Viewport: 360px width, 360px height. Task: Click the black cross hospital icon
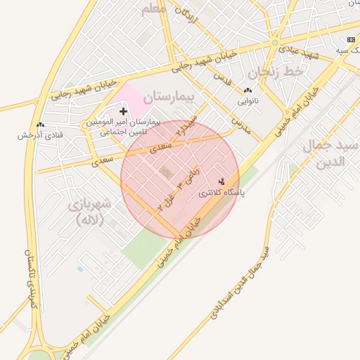pos(124,111)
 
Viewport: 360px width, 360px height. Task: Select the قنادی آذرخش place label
pos(40,134)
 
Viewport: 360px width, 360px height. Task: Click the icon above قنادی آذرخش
pos(40,124)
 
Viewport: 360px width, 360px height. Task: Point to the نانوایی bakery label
pos(247,101)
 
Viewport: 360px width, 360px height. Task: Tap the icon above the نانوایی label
pos(247,91)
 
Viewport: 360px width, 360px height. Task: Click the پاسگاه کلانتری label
pos(219,192)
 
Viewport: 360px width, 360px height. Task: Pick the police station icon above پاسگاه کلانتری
pos(223,181)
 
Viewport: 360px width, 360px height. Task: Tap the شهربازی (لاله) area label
pos(89,212)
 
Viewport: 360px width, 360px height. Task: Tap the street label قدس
pos(222,79)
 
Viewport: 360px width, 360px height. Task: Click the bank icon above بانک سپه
pos(351,41)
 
